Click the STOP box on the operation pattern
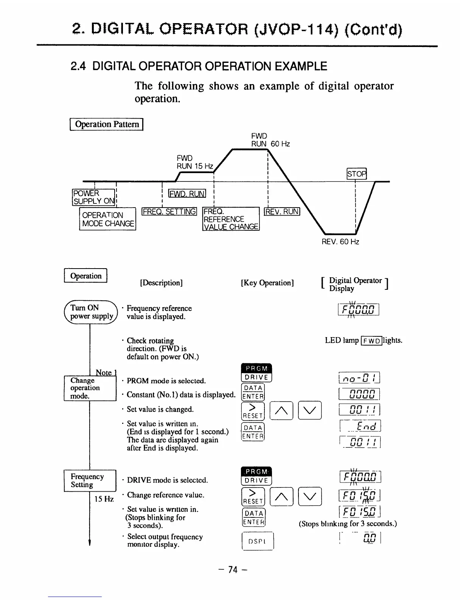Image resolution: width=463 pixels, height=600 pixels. tap(357, 174)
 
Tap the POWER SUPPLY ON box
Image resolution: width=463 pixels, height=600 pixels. tap(93, 197)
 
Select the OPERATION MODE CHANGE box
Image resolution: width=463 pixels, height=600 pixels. tap(108, 219)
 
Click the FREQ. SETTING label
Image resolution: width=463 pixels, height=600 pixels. tap(169, 212)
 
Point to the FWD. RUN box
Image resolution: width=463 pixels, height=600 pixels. tap(187, 194)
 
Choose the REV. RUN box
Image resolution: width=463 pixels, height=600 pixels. tap(282, 212)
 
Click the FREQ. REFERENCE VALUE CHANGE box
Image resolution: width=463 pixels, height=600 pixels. tap(231, 219)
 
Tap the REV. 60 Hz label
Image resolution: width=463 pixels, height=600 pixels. tap(340, 241)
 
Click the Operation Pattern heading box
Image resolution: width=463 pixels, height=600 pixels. tap(107, 124)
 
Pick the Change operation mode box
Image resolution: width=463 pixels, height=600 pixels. tap(90, 388)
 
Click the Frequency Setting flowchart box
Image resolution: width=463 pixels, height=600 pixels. tap(90, 480)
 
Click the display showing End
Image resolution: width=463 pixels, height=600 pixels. tap(360, 427)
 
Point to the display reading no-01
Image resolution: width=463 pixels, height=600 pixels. tap(359, 378)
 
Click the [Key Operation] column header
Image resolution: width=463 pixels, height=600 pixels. tap(267, 283)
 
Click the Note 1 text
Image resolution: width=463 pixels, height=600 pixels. tap(106, 372)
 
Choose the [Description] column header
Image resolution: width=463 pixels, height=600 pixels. tap(161, 283)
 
